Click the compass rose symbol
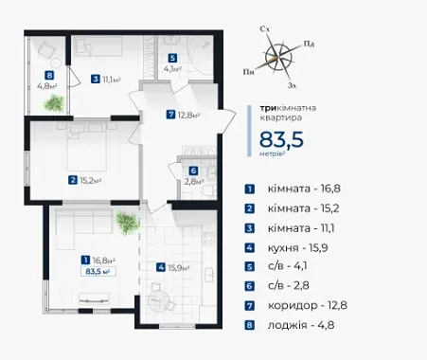(x=278, y=58)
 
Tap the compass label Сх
(x=264, y=29)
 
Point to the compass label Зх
(x=293, y=85)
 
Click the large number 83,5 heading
(x=281, y=139)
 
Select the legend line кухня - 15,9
(x=297, y=248)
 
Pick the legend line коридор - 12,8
(x=308, y=305)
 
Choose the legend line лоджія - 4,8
(x=301, y=325)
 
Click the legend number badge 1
(x=250, y=189)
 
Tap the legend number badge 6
(x=250, y=286)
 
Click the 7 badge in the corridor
(x=170, y=114)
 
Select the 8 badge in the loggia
(x=49, y=76)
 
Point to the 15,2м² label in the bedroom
(x=90, y=180)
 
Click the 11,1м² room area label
(x=112, y=79)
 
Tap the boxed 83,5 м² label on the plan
(x=98, y=272)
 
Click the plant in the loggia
(x=54, y=103)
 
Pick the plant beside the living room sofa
(x=128, y=224)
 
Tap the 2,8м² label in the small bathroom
(x=194, y=181)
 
